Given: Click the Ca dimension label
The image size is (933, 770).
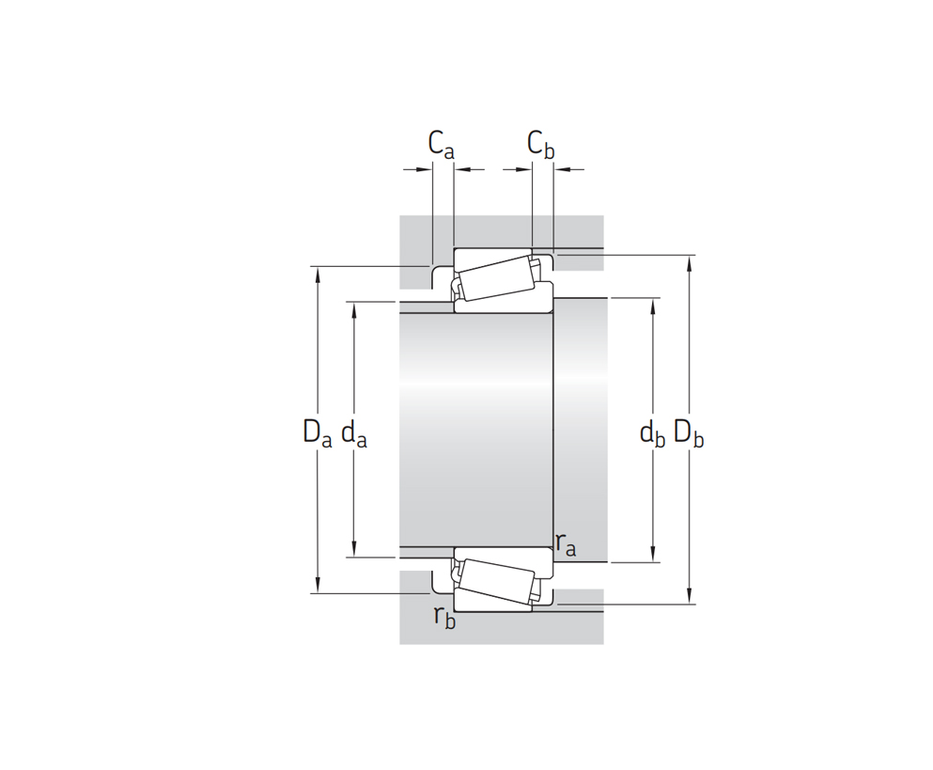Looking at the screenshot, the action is pyautogui.click(x=441, y=146).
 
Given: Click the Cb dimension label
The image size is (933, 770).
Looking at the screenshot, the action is pyautogui.click(x=541, y=146).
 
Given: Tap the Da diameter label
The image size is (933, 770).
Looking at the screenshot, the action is pyautogui.click(x=318, y=432).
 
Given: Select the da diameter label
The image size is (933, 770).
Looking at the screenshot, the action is pyautogui.click(x=354, y=432).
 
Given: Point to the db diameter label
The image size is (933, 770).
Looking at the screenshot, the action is pyautogui.click(x=652, y=432).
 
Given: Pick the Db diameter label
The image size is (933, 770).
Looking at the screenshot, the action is pyautogui.click(x=689, y=432).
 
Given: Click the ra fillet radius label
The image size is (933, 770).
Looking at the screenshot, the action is pyautogui.click(x=566, y=544).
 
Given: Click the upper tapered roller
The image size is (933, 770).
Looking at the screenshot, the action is pyautogui.click(x=497, y=278).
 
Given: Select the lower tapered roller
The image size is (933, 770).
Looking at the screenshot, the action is pyautogui.click(x=497, y=581).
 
